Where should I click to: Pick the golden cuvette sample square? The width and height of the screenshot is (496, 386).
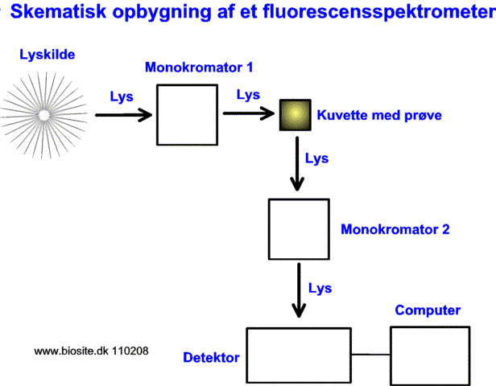pyautogui.click(x=294, y=116)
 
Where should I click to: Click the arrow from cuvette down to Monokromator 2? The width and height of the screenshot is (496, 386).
pyautogui.click(x=298, y=165)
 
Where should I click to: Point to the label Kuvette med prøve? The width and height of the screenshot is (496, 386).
pyautogui.click(x=379, y=115)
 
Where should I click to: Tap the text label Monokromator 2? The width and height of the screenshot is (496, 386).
pyautogui.click(x=395, y=229)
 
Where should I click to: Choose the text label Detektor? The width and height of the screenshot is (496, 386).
pyautogui.click(x=211, y=356)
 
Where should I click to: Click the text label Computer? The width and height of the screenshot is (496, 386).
pyautogui.click(x=428, y=310)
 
